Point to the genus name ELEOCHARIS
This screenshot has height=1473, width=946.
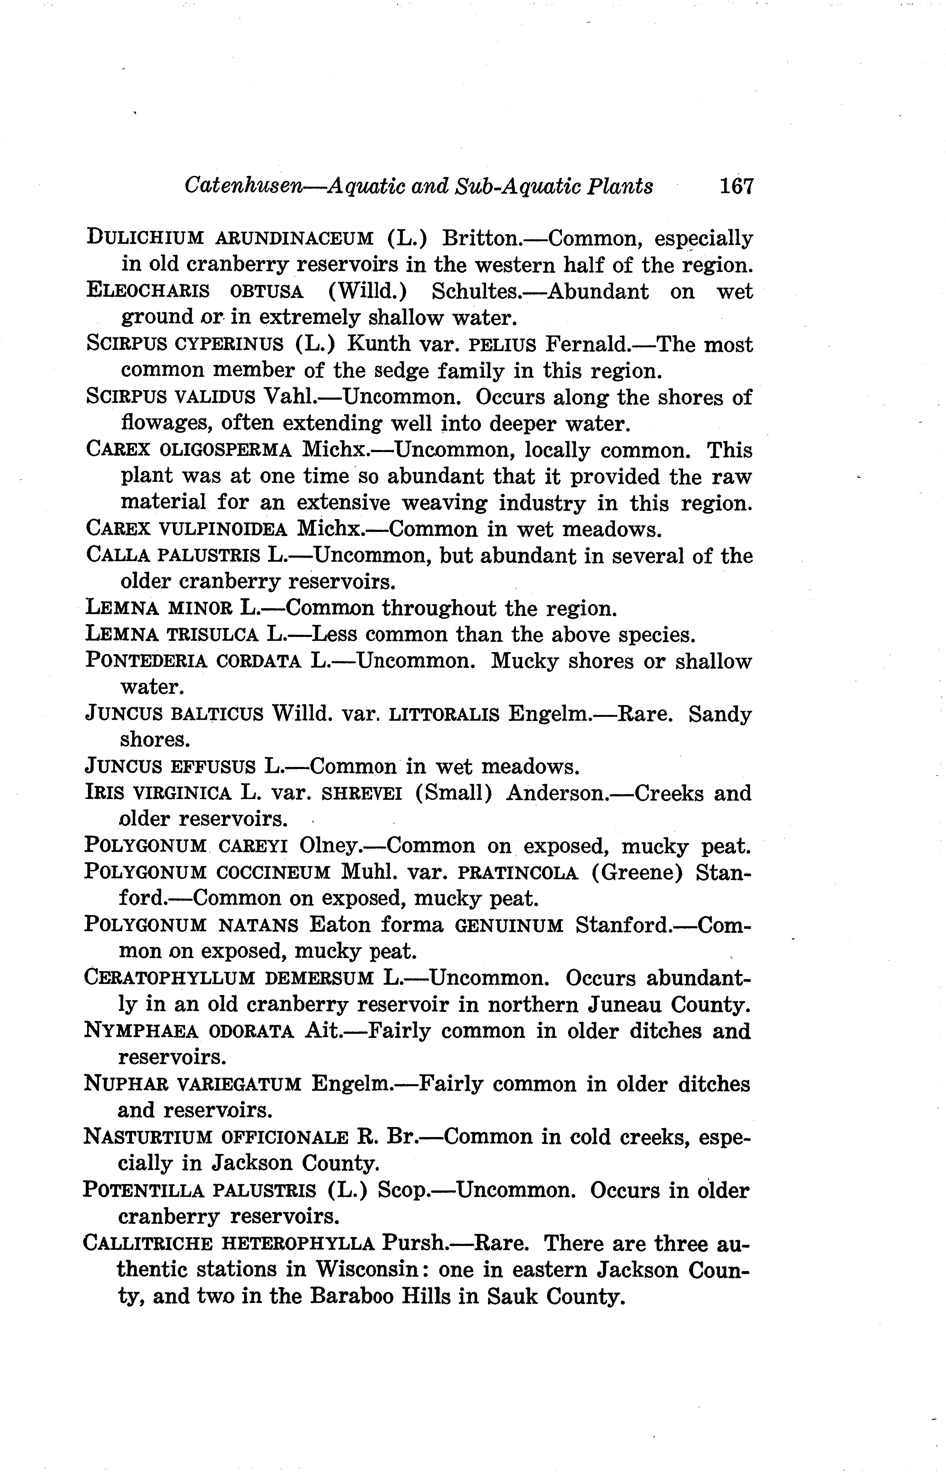147,291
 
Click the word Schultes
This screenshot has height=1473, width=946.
476,291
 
